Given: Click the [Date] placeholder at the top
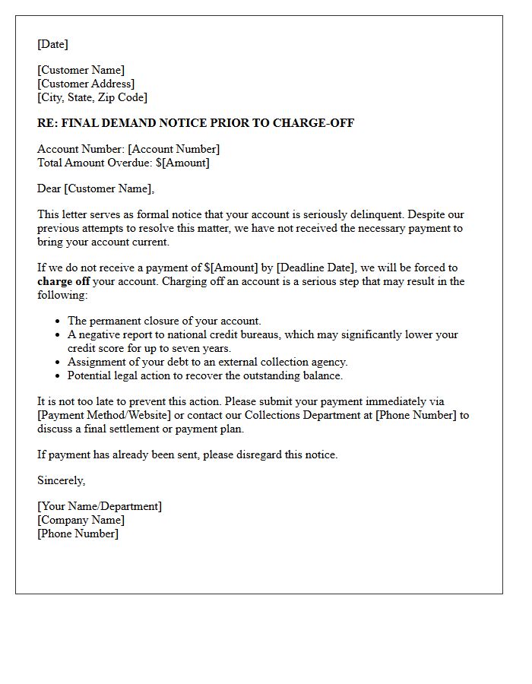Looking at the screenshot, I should pos(52,44).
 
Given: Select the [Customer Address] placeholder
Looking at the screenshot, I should pos(86,84).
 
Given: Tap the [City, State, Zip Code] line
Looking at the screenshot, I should pos(92,97).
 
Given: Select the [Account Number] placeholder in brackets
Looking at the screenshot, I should pos(173,149).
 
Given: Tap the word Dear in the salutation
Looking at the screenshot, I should pos(49,188).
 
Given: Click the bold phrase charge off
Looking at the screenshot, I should pos(64,281).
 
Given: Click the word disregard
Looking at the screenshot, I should pos(259,454).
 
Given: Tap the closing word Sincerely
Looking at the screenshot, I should pos(61,480).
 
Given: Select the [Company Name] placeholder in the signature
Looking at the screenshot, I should pos(81,520).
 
